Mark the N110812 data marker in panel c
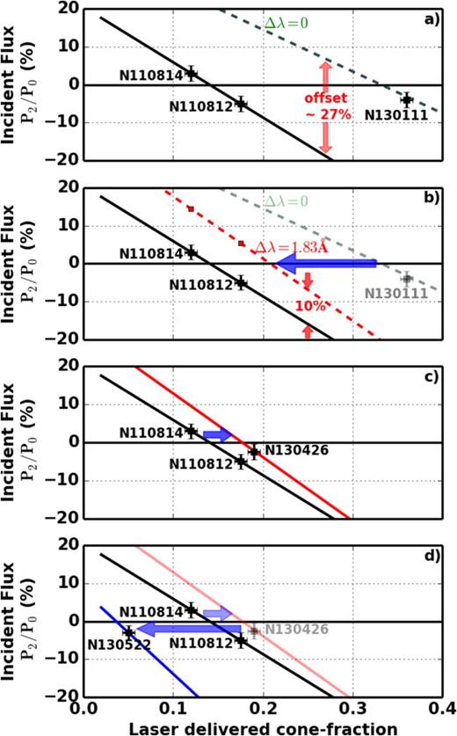(242, 461)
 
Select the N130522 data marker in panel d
(128, 631)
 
